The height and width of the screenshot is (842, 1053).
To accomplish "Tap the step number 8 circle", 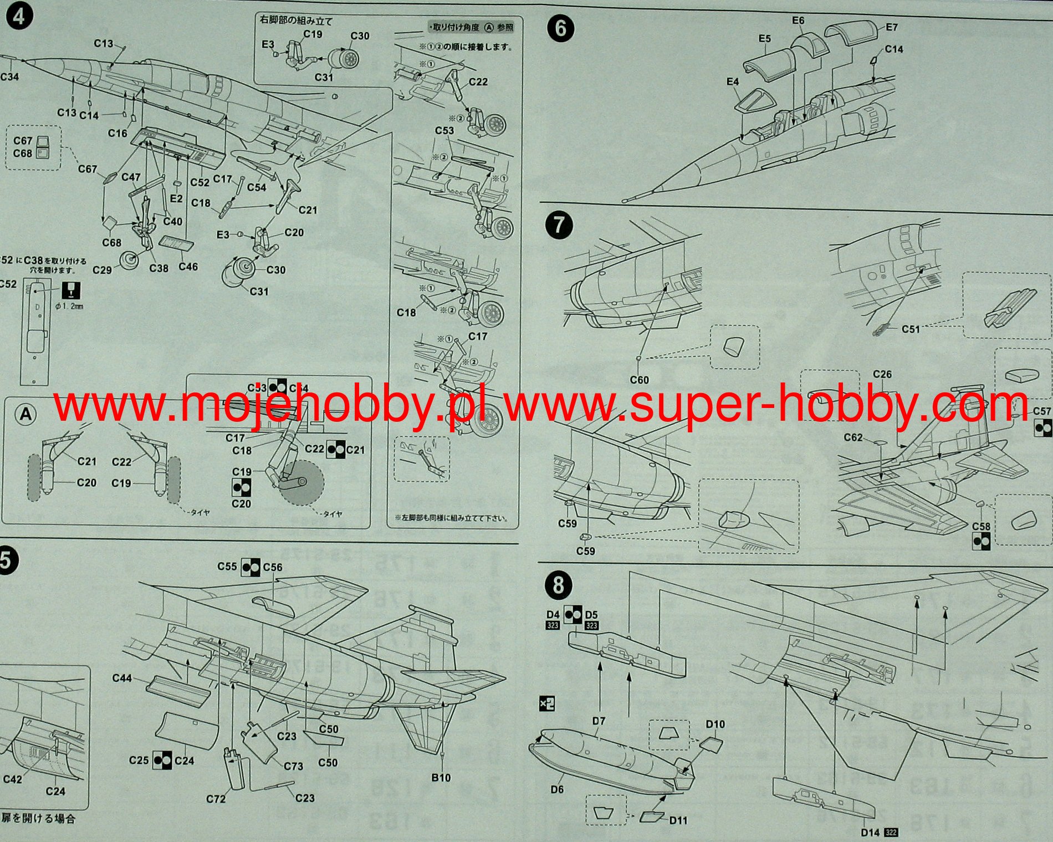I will click(x=558, y=585).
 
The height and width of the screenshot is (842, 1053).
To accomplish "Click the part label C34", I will click(x=9, y=76).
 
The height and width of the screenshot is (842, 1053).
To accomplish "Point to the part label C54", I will click(x=257, y=187).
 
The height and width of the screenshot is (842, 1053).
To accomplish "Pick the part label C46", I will click(x=188, y=267).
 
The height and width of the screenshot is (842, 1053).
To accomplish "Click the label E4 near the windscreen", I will click(x=733, y=82).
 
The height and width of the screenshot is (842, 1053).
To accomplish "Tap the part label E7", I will click(x=892, y=27).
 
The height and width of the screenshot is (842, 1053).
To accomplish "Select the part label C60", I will click(x=639, y=380).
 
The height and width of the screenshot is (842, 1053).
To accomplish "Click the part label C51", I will click(x=911, y=329).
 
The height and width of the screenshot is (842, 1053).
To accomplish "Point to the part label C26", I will click(x=882, y=374).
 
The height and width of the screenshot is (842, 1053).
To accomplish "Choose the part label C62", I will click(x=853, y=437).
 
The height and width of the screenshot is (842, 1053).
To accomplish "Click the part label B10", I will click(x=441, y=778).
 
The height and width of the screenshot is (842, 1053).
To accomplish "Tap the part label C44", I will click(x=122, y=678).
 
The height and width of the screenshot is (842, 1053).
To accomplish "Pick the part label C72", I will click(x=216, y=799).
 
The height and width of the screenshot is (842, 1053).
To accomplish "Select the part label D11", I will click(x=678, y=820).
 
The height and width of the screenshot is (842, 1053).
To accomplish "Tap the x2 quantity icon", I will click(x=547, y=704).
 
